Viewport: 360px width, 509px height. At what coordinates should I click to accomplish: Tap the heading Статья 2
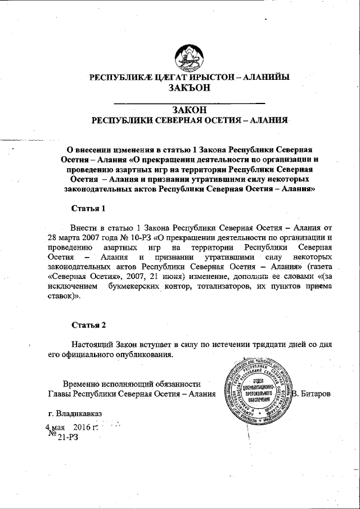(x=88, y=325)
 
